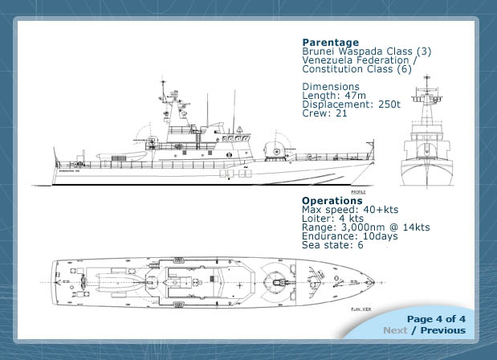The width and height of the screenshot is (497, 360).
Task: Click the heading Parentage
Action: pos(330,43)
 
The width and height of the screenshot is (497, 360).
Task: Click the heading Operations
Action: pos(332,201)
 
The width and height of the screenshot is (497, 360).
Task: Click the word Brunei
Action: pos(318,51)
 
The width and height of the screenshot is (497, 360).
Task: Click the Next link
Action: pos(395,330)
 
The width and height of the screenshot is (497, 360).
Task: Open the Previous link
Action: pos(442,330)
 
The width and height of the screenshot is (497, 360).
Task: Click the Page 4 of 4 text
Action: pos(436,319)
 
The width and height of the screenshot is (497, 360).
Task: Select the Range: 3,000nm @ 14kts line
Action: pos(365,227)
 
